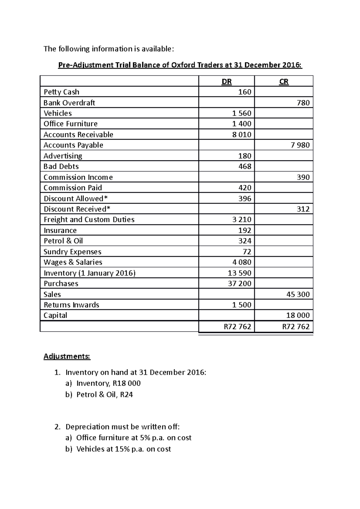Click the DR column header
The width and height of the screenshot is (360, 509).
tap(226, 82)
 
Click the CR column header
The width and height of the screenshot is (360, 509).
tap(284, 82)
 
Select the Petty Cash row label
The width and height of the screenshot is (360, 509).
tap(61, 92)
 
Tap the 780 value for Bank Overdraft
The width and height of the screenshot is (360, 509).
tap(303, 103)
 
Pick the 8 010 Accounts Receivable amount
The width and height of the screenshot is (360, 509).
tap(241, 135)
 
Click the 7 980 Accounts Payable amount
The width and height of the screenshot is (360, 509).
tap(300, 145)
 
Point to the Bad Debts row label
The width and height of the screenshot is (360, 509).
tap(61, 166)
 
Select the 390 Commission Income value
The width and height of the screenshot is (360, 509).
tap(303, 177)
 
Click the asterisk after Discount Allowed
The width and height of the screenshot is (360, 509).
tap(106, 198)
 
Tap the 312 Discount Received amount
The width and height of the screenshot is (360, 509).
tap(303, 209)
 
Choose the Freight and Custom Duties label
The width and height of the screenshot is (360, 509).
tap(89, 220)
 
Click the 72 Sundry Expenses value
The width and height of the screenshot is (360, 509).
tap(247, 252)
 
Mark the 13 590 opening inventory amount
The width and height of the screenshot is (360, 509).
tap(239, 273)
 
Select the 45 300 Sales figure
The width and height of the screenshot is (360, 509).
tap(298, 294)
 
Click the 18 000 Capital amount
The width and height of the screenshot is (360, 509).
tap(298, 315)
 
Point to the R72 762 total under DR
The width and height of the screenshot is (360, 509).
tap(237, 326)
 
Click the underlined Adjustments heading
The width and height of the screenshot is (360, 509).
tap(67, 356)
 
